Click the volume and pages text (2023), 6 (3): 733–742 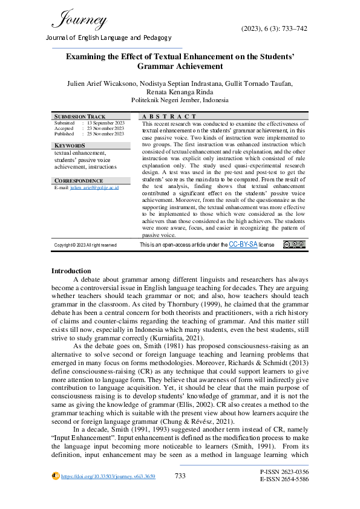pyautogui.click(x=274, y=28)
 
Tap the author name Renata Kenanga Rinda pyautogui.click(x=180, y=92)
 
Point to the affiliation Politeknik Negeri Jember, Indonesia pyautogui.click(x=180, y=100)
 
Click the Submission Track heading pyautogui.click(x=80, y=116)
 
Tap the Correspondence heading pyautogui.click(x=78, y=181)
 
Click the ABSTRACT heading pyautogui.click(x=168, y=116)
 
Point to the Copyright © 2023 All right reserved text pyautogui.click(x=85, y=245)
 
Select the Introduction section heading pyautogui.click(x=71, y=271)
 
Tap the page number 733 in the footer pyautogui.click(x=180, y=476)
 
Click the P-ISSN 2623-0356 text pyautogui.click(x=284, y=471)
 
